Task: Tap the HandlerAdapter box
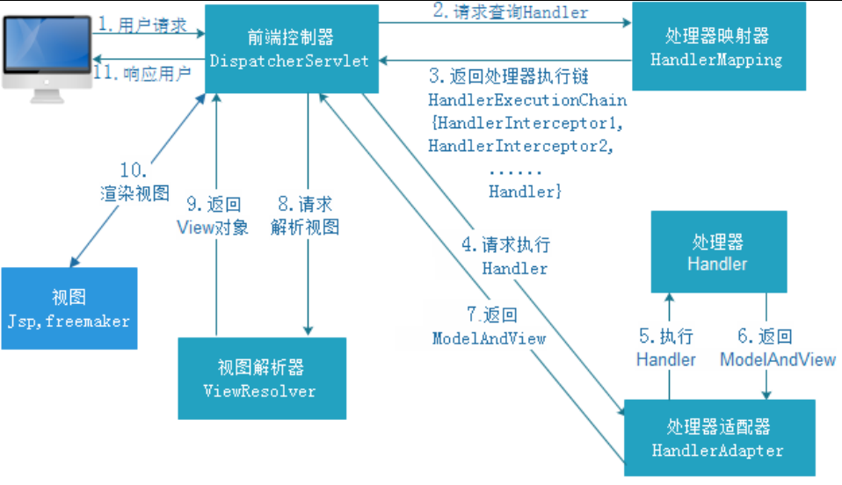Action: pos(717,438)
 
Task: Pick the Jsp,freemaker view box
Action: pos(69,309)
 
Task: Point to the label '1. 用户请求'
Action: pos(142,26)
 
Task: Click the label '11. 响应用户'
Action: pos(142,73)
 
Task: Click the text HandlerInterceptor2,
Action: pos(519,146)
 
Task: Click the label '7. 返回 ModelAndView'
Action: pos(490,326)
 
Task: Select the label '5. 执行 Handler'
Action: pos(666,348)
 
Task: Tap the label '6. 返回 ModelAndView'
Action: pos(778,348)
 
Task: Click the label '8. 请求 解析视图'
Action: pos(304,216)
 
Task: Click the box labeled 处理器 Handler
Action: pos(717,252)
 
